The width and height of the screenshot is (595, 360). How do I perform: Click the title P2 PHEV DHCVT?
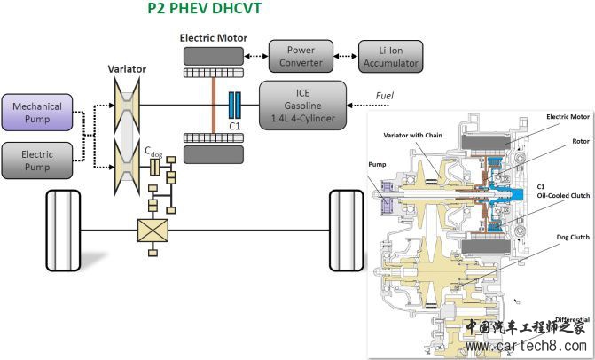pyautogui.click(x=205, y=11)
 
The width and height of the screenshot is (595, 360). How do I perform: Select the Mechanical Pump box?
pyautogui.click(x=36, y=112)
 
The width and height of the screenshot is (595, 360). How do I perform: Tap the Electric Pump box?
pyautogui.click(x=36, y=160)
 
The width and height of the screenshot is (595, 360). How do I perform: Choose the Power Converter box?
pyautogui.click(x=301, y=56)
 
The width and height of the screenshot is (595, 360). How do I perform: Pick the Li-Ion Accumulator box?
pyautogui.click(x=391, y=56)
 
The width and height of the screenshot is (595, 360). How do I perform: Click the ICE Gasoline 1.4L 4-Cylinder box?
pyautogui.click(x=302, y=105)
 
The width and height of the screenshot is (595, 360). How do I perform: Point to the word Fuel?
pyautogui.click(x=383, y=95)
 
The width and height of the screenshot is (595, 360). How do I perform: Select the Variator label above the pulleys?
pyautogui.click(x=127, y=67)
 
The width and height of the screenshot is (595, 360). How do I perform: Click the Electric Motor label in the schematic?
pyautogui.click(x=213, y=38)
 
